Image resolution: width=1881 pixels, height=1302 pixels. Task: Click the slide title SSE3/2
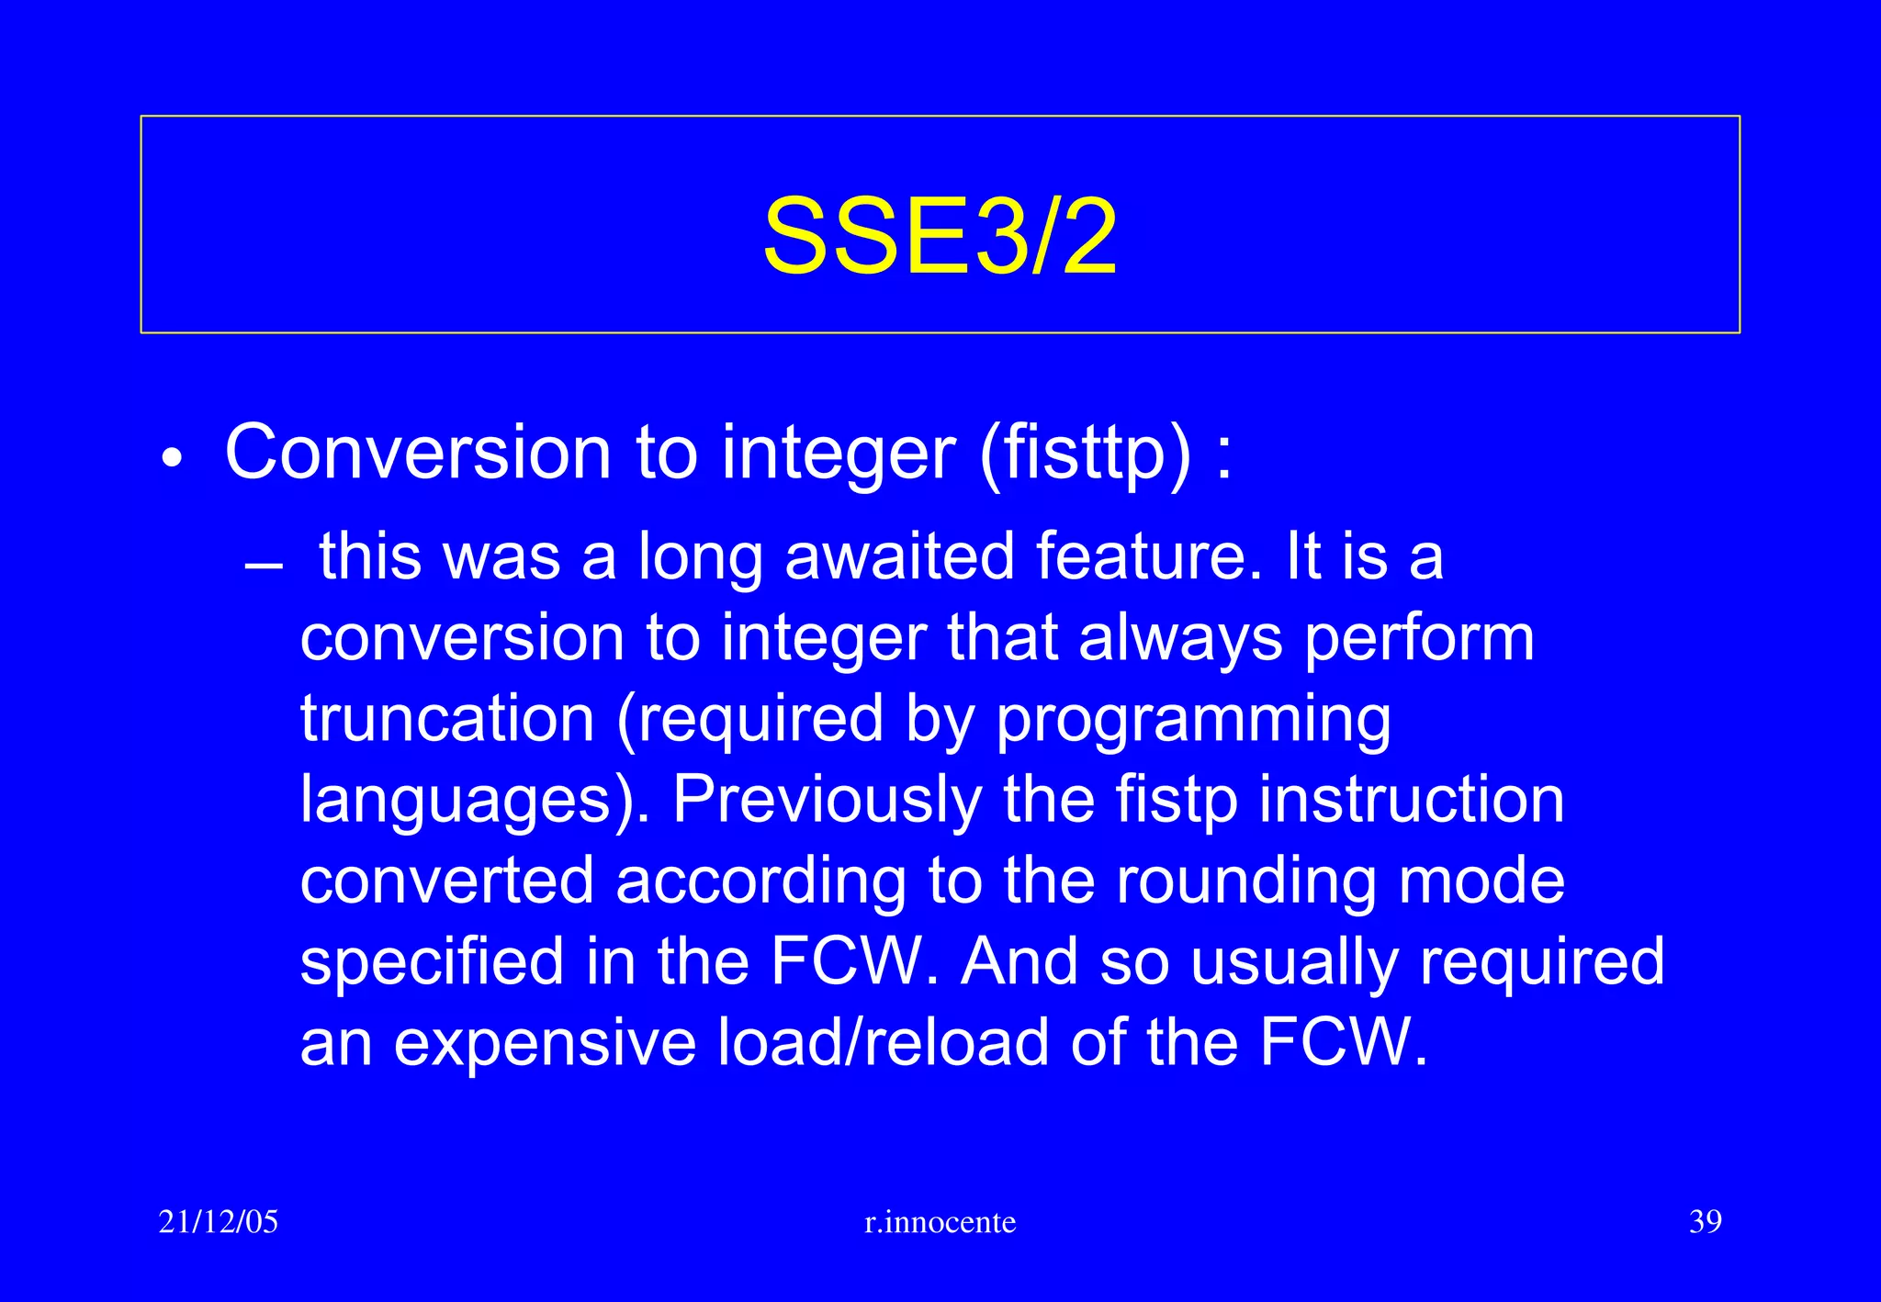point(940,237)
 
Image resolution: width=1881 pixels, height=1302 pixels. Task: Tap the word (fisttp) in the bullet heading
point(1086,453)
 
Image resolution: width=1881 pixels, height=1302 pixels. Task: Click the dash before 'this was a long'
point(264,566)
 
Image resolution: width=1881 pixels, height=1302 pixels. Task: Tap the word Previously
point(827,801)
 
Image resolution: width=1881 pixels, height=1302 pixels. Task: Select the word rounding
point(1245,881)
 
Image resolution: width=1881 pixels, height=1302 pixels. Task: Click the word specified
point(432,962)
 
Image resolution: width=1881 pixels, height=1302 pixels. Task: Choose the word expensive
point(545,1044)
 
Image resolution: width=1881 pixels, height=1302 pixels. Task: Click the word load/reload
point(883,1043)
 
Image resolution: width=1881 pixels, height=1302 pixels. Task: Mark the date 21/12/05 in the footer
point(218,1222)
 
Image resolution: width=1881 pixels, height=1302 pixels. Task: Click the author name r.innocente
point(940,1222)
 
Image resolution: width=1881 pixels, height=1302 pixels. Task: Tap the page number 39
point(1705,1222)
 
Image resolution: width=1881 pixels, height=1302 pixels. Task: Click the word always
point(1180,639)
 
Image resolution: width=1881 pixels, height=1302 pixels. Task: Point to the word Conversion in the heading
point(418,453)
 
